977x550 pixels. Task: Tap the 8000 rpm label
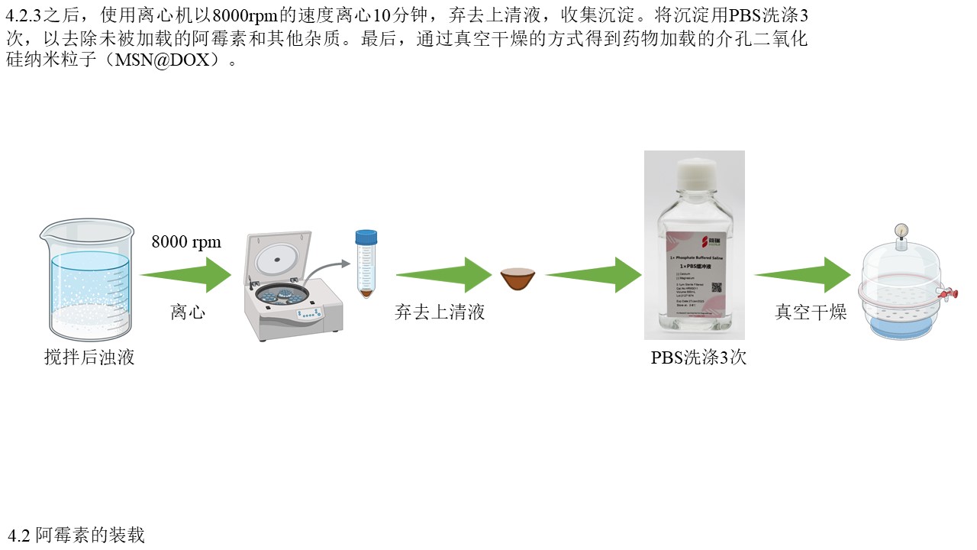coord(186,242)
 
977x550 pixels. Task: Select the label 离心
coord(188,312)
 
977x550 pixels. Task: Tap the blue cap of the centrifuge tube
coord(366,238)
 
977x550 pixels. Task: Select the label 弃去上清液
coord(440,312)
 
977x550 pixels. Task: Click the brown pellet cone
coord(518,279)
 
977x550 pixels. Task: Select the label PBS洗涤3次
coord(698,357)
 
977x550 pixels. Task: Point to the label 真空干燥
coord(811,312)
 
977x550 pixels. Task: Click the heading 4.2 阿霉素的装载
coord(76,535)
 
